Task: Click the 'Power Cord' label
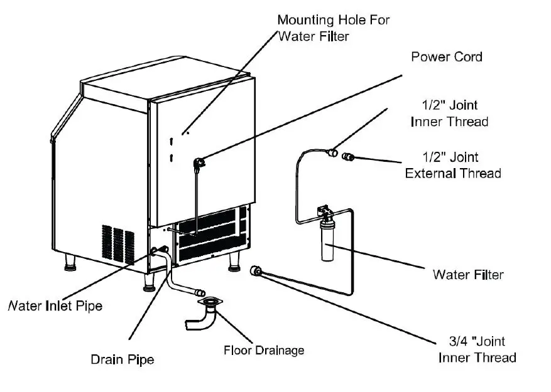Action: click(x=446, y=57)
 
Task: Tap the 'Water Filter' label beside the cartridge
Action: click(x=467, y=274)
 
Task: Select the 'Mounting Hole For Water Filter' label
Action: click(x=333, y=28)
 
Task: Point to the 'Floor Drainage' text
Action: click(x=264, y=350)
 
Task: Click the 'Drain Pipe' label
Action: click(x=123, y=359)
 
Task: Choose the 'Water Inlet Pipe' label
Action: click(x=54, y=306)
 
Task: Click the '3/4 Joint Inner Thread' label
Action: click(x=477, y=350)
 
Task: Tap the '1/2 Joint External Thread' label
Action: click(x=452, y=165)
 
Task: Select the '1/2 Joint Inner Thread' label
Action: click(x=449, y=114)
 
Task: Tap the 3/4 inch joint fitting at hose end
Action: click(x=256, y=271)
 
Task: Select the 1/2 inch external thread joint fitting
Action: click(x=347, y=155)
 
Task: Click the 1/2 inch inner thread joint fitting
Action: click(x=331, y=151)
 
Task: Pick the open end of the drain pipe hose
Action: click(x=200, y=292)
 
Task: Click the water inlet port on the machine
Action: click(x=155, y=252)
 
